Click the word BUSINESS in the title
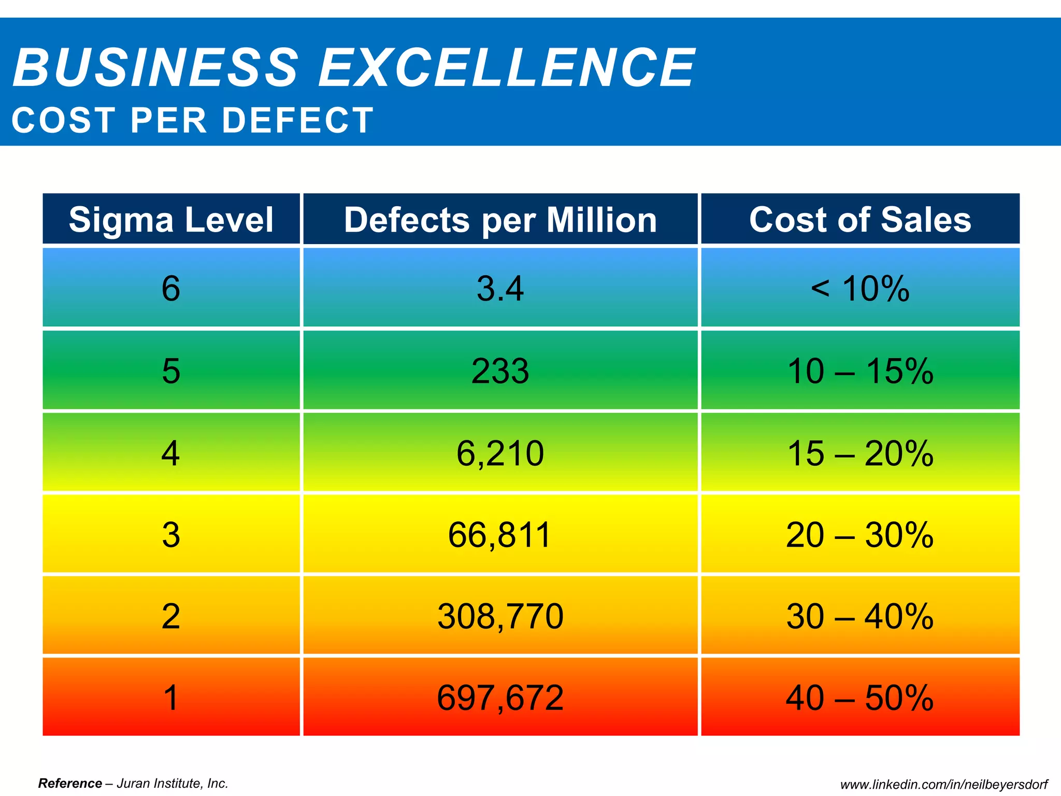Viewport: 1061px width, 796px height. pyautogui.click(x=155, y=67)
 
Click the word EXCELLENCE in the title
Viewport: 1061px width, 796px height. pyautogui.click(x=506, y=67)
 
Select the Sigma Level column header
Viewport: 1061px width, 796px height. pyautogui.click(x=171, y=219)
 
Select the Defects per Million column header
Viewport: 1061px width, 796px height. pyautogui.click(x=500, y=219)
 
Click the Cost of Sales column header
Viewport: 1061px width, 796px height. pyautogui.click(x=860, y=219)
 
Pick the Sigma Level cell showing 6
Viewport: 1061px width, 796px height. pyautogui.click(x=171, y=288)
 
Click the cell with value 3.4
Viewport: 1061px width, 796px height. pyautogui.click(x=500, y=288)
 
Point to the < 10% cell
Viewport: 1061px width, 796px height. pyautogui.click(x=860, y=288)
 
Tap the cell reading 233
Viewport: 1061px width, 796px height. pyautogui.click(x=500, y=371)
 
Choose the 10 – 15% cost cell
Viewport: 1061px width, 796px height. pyautogui.click(x=860, y=371)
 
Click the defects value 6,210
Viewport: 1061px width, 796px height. pyautogui.click(x=500, y=453)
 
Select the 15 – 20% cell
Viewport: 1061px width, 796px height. pyautogui.click(x=860, y=453)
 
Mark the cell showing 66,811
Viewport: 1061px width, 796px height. pyautogui.click(x=500, y=535)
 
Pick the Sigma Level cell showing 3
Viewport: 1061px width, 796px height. pyautogui.click(x=171, y=535)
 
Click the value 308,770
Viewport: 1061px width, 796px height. pyautogui.click(x=500, y=616)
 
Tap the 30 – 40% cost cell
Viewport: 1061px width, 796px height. pyautogui.click(x=860, y=616)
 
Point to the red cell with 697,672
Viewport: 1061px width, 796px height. pyautogui.click(x=500, y=698)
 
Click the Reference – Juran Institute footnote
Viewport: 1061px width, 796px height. pyautogui.click(x=133, y=783)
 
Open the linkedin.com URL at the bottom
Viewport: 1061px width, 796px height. pyautogui.click(x=944, y=785)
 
